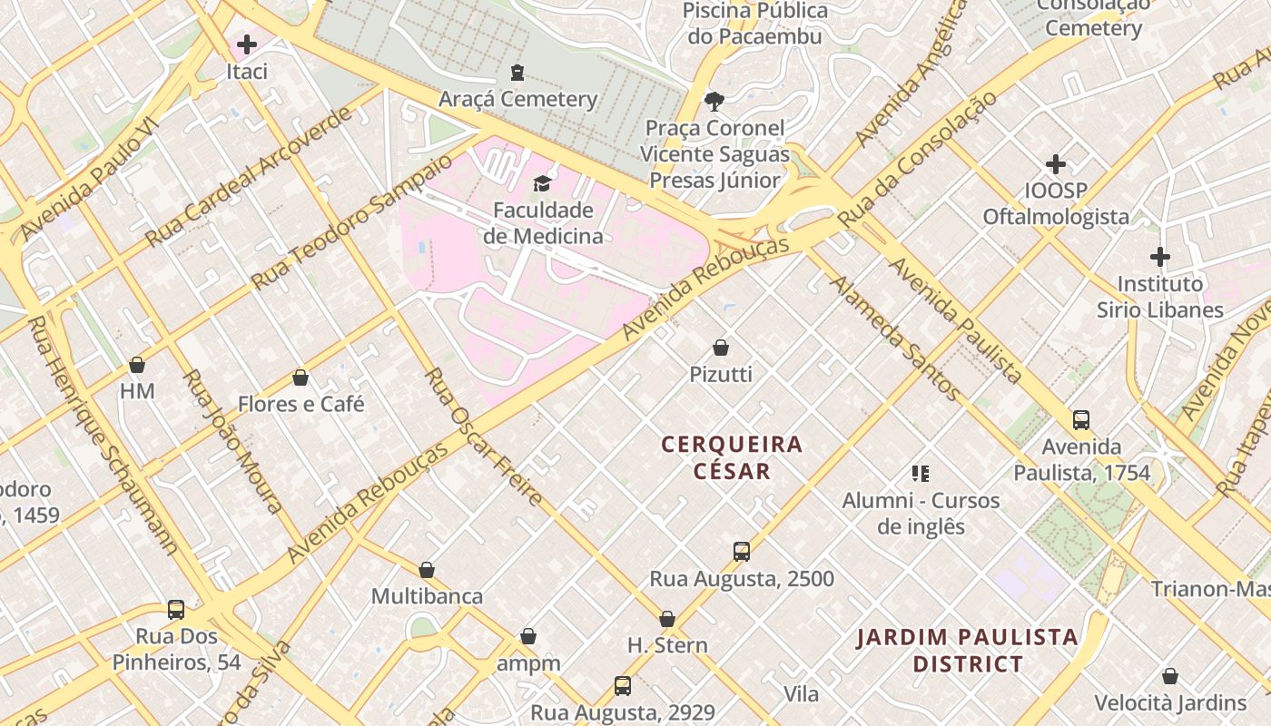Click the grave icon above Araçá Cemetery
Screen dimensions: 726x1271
tap(517, 72)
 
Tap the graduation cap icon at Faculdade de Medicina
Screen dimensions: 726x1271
tap(542, 183)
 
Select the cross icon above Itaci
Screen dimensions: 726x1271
tap(247, 44)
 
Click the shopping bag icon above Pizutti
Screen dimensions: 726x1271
tap(721, 348)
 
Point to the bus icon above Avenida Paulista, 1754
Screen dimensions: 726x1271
tap(1081, 420)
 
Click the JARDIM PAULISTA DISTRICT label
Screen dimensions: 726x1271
tap(968, 650)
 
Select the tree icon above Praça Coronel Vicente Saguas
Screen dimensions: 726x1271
tap(714, 101)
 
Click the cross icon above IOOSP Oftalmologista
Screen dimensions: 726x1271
tap(1056, 164)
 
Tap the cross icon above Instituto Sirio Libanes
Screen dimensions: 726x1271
tap(1160, 257)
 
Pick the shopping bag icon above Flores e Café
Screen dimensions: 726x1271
tap(301, 378)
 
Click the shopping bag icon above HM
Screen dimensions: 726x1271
tap(137, 365)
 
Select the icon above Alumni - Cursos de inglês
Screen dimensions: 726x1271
tap(921, 474)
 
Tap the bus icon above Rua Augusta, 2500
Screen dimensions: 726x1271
tap(742, 552)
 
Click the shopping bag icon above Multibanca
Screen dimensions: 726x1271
tap(427, 570)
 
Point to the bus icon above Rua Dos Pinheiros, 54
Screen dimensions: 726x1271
tap(176, 610)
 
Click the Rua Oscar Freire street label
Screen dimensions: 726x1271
tap(483, 437)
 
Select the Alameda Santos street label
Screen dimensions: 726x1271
tap(894, 337)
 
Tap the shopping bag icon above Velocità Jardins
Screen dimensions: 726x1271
tap(1170, 676)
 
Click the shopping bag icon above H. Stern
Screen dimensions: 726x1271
tap(667, 619)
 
